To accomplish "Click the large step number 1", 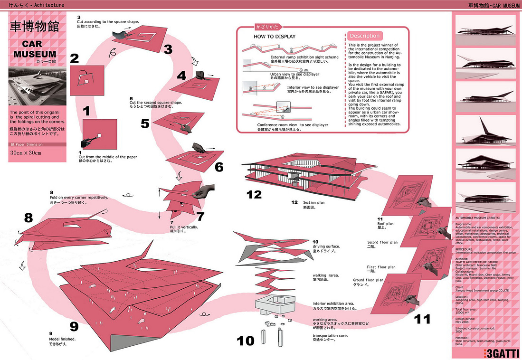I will [x=86, y=112].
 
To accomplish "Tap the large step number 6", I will [x=219, y=167].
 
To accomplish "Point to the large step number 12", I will [x=254, y=194].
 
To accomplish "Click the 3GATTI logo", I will [x=498, y=353].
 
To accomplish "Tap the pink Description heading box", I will [x=365, y=36].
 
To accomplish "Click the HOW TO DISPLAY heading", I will [x=275, y=37].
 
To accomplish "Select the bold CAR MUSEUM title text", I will [x=35, y=49].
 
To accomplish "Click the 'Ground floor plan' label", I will [x=368, y=280].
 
